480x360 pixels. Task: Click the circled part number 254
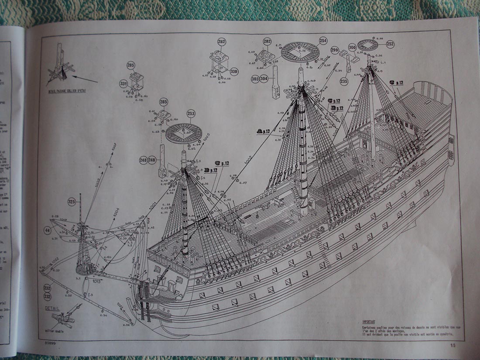point(322,41)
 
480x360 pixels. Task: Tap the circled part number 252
point(390,44)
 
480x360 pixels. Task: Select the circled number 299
point(335,50)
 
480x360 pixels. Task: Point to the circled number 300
point(352,47)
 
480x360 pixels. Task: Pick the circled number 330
point(234,72)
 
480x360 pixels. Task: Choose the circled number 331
point(123,83)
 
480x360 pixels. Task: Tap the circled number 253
point(191,113)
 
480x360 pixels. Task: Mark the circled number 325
point(72,201)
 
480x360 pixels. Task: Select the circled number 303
point(255,79)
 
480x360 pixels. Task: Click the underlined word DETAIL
point(52,308)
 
